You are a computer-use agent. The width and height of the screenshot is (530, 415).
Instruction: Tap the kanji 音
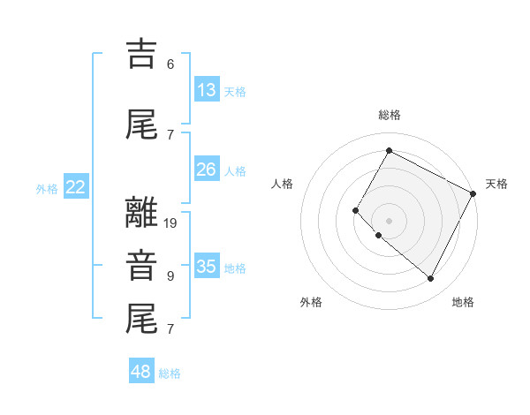click(x=141, y=266)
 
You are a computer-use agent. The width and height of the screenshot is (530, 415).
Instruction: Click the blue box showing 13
click(x=206, y=90)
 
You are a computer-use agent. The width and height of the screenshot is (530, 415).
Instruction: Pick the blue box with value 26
click(x=206, y=170)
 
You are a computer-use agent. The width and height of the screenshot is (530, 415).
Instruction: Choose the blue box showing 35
click(x=207, y=267)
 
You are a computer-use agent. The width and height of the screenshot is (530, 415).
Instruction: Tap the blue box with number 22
click(x=76, y=187)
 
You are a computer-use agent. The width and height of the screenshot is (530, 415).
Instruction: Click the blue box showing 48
click(x=141, y=372)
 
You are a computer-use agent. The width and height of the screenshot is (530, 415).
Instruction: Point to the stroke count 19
click(x=171, y=223)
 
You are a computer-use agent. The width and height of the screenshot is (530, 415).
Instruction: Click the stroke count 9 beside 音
click(x=170, y=276)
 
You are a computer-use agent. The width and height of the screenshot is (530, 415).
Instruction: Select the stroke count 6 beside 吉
click(x=170, y=64)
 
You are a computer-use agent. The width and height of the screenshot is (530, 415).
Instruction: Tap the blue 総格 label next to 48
click(x=170, y=373)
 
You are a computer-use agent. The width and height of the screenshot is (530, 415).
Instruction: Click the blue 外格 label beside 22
click(x=47, y=188)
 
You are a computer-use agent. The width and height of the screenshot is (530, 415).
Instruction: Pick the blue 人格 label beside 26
click(x=235, y=170)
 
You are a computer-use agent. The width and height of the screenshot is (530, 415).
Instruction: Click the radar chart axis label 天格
click(x=496, y=184)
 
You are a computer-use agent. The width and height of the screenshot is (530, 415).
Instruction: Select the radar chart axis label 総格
click(x=389, y=115)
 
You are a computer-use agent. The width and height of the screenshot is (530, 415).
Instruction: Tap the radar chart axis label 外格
click(x=311, y=302)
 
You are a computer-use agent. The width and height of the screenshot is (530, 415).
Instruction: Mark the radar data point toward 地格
click(x=431, y=279)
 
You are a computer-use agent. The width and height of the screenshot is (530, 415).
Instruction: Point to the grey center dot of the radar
click(x=389, y=221)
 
